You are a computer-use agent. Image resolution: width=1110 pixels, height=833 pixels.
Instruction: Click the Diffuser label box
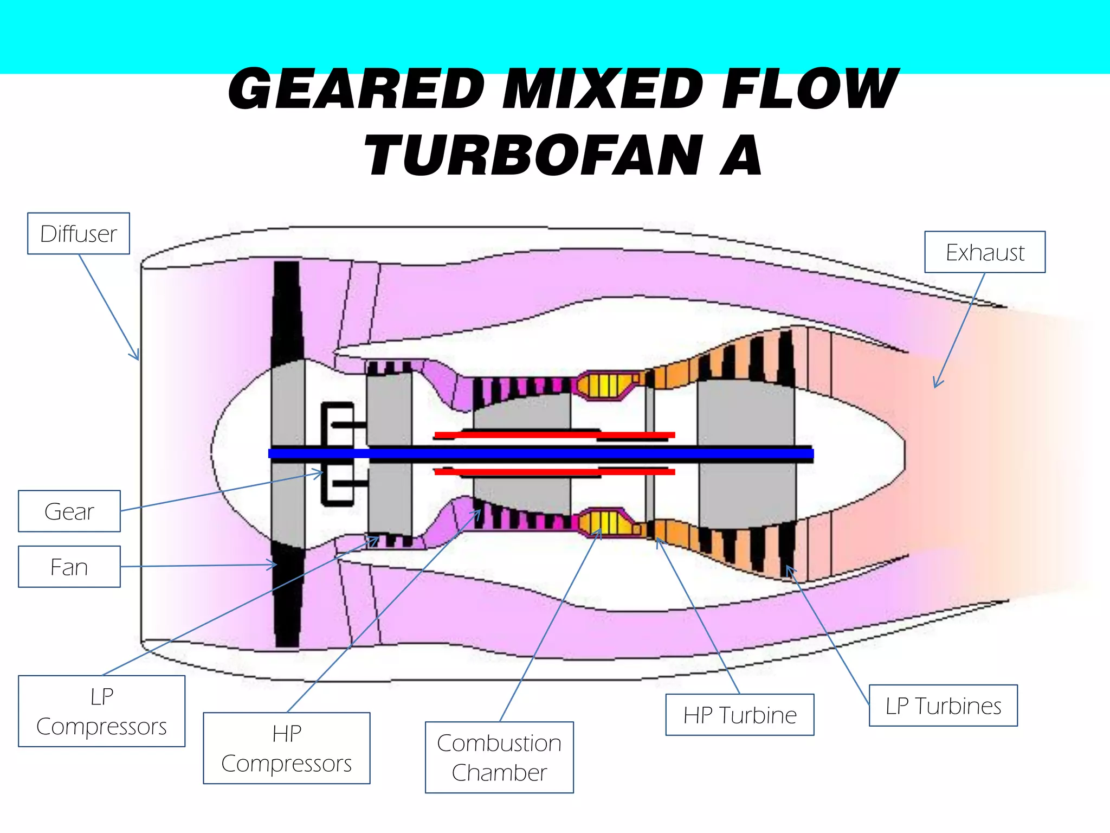click(79, 234)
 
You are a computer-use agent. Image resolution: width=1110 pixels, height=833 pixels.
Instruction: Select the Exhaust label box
click(984, 252)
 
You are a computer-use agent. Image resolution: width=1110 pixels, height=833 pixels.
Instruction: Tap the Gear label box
click(69, 511)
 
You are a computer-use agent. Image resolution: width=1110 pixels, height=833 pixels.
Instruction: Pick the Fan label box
click(69, 567)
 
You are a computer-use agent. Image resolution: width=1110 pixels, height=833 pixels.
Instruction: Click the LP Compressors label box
click(101, 711)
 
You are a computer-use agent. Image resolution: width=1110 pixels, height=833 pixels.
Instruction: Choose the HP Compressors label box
click(286, 748)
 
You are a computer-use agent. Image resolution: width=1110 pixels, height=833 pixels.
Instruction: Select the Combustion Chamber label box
click(499, 758)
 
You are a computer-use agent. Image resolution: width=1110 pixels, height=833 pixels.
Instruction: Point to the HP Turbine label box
click(739, 715)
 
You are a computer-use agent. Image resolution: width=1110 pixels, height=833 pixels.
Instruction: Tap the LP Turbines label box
click(943, 706)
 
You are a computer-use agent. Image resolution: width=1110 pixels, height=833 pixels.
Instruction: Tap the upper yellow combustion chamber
click(605, 385)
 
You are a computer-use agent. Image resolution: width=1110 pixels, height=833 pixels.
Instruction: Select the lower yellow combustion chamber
click(605, 523)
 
